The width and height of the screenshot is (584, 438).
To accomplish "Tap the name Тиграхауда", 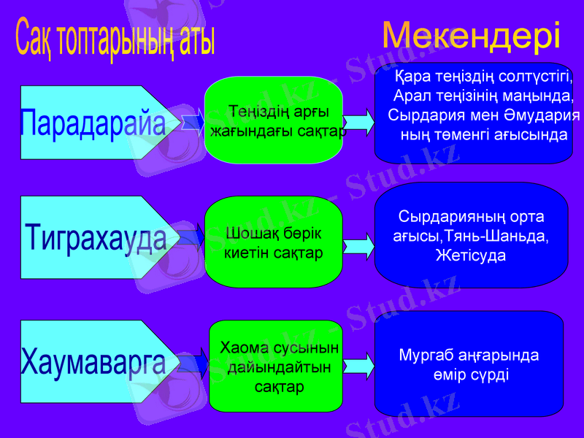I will coord(95,237).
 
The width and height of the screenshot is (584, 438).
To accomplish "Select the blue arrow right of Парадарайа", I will coord(192,122).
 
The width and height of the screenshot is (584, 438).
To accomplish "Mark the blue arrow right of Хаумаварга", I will coord(193,364).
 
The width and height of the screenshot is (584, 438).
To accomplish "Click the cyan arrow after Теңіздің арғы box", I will coord(358,122).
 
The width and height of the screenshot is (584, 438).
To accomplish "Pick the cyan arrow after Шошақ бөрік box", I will coord(358,247).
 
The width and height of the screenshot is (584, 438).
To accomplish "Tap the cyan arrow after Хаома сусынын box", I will coord(358,366).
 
